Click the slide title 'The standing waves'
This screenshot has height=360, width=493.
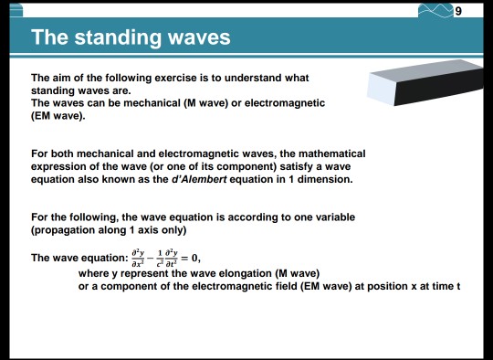(x=130, y=38)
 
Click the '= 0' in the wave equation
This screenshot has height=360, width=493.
(x=188, y=259)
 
